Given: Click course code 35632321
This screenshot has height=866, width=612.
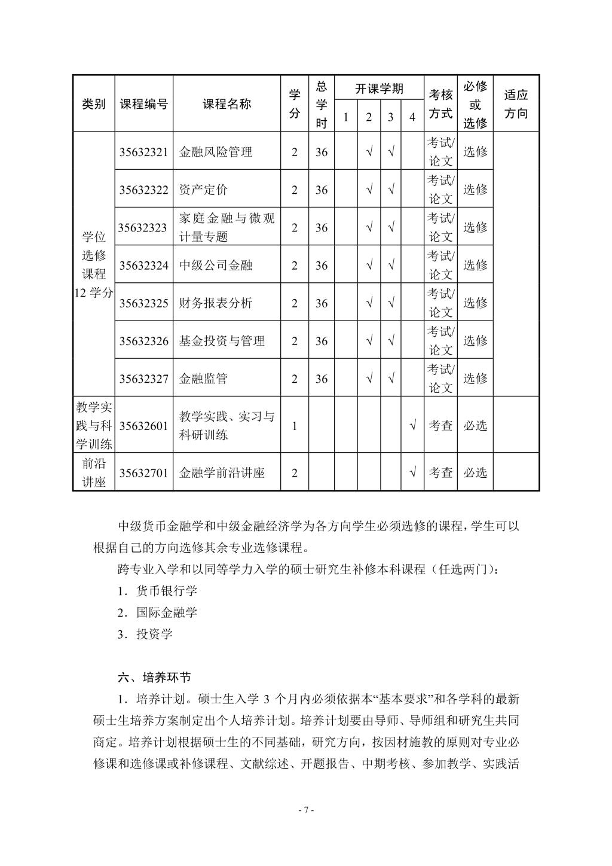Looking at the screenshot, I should point(143,152).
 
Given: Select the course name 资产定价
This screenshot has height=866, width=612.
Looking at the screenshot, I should point(203,190).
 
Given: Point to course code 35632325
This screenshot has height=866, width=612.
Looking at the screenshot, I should point(143,303).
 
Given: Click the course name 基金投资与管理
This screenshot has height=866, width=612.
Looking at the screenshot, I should point(222,341).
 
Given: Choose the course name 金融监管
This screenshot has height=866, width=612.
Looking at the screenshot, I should point(203,379).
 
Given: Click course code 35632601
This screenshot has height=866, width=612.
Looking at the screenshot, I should point(143,426).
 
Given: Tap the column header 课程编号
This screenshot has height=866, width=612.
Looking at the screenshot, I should point(143,104).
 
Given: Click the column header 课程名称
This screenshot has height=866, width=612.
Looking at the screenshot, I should point(227,104).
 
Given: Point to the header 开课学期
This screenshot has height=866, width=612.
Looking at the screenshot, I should point(380,89).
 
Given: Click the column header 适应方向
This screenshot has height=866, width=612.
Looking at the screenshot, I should point(516,104).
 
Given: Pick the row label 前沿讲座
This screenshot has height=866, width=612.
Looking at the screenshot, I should point(94,472).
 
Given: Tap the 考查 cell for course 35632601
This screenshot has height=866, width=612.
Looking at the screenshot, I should point(441,426).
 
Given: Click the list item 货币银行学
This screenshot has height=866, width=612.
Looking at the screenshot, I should point(166,591).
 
